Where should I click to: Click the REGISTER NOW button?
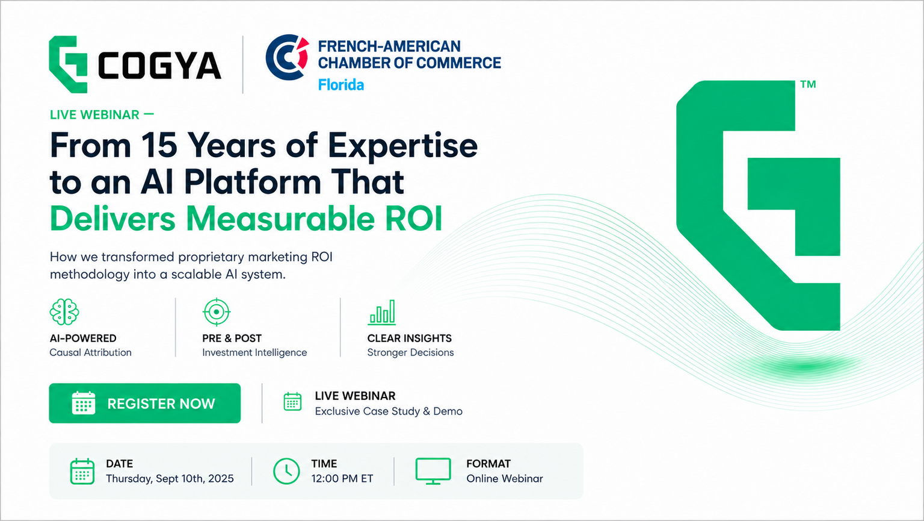(x=145, y=404)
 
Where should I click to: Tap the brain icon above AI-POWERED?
(x=64, y=312)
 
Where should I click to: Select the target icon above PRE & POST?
(x=217, y=312)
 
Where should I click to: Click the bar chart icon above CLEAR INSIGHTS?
(x=381, y=312)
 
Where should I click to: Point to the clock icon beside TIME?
(x=286, y=471)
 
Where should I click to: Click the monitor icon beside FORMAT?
(x=433, y=471)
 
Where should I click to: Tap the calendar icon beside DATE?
(x=82, y=471)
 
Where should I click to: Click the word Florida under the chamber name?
(x=340, y=85)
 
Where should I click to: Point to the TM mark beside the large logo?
(x=808, y=84)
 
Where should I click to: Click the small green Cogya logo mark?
(x=68, y=64)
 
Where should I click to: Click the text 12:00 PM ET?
(x=342, y=478)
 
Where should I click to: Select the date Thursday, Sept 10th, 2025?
(x=170, y=478)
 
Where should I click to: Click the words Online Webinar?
(x=505, y=478)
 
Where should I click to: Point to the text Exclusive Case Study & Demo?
(x=389, y=411)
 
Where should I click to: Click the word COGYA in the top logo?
(x=159, y=65)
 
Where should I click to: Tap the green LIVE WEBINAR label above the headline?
(x=94, y=114)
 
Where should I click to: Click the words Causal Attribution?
(x=90, y=352)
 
